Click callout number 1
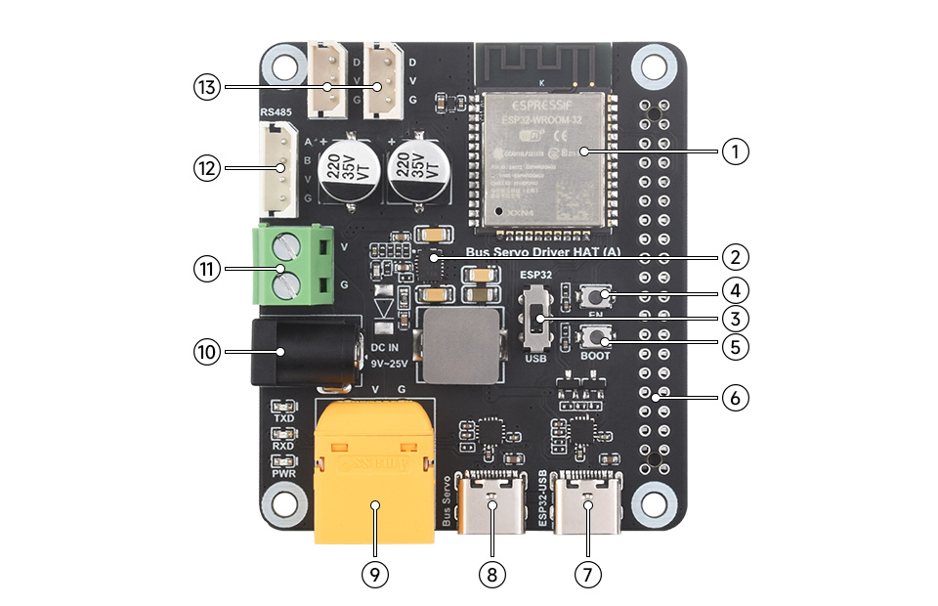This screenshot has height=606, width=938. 735,151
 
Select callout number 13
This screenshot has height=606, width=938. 205,88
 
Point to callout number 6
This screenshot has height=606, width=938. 735,398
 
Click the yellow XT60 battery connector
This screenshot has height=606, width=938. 374,469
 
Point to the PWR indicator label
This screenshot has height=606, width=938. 284,473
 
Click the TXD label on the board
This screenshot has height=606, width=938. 284,417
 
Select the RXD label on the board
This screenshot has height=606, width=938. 284,446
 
